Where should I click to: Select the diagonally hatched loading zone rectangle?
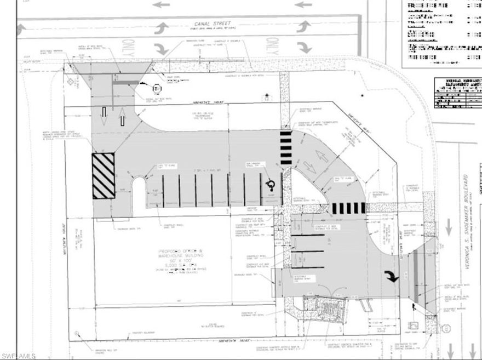(103, 176)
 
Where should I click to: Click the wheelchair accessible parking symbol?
(269, 184)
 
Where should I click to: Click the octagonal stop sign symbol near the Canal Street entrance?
(156, 88)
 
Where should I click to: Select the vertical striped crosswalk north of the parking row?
(286, 147)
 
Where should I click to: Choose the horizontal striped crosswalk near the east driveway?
(349, 208)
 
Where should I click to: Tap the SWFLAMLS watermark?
(18, 356)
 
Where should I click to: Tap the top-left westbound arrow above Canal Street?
(160, 5)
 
